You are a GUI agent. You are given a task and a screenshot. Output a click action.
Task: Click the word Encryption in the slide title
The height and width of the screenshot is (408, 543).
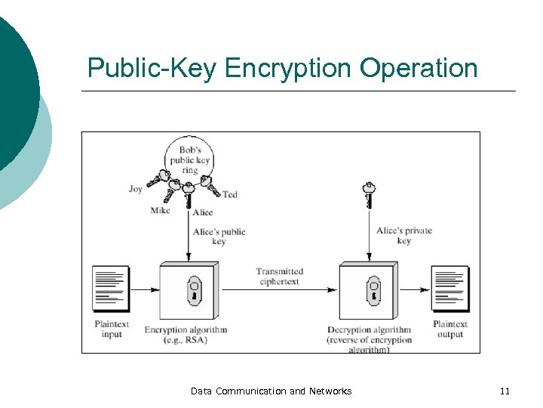click(x=288, y=68)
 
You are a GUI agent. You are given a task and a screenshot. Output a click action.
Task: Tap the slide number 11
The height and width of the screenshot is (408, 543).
click(x=505, y=391)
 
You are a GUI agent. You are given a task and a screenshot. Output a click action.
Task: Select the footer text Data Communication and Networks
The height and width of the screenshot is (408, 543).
click(x=271, y=391)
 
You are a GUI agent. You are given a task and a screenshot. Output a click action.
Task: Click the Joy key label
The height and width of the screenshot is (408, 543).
click(x=136, y=189)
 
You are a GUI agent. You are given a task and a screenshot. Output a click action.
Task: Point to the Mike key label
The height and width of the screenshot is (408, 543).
click(x=160, y=211)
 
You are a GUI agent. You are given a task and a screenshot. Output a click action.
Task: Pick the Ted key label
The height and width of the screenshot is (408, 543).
click(x=230, y=195)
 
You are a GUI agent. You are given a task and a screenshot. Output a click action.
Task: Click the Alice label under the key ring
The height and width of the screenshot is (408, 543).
click(x=202, y=213)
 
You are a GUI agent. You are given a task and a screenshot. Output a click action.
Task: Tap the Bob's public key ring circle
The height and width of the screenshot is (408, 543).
click(x=189, y=159)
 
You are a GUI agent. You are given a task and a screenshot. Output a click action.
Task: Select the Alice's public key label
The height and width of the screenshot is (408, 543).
click(x=219, y=236)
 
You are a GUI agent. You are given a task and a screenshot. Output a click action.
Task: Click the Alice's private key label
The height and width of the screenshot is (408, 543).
click(x=404, y=235)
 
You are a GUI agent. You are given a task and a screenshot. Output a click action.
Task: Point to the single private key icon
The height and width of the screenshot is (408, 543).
click(x=369, y=194)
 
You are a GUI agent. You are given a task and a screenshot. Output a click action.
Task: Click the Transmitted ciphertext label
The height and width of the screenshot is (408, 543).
click(x=279, y=277)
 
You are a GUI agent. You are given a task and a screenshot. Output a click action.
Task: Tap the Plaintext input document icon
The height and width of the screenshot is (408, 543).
click(x=110, y=289)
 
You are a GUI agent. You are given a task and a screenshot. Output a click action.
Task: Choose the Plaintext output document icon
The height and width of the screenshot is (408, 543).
click(x=449, y=289)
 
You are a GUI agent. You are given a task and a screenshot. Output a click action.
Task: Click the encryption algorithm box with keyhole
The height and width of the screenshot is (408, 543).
click(x=189, y=292)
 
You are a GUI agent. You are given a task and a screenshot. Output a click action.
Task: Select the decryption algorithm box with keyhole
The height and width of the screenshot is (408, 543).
click(x=369, y=292)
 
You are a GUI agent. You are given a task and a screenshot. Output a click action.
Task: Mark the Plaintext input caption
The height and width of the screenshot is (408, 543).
click(x=112, y=329)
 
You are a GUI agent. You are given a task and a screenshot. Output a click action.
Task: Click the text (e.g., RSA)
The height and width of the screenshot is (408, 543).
click(x=185, y=340)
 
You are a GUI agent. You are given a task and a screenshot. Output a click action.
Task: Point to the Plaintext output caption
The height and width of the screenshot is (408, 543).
click(x=450, y=329)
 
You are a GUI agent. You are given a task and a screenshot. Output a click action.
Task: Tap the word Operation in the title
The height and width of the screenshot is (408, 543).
click(x=419, y=68)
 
